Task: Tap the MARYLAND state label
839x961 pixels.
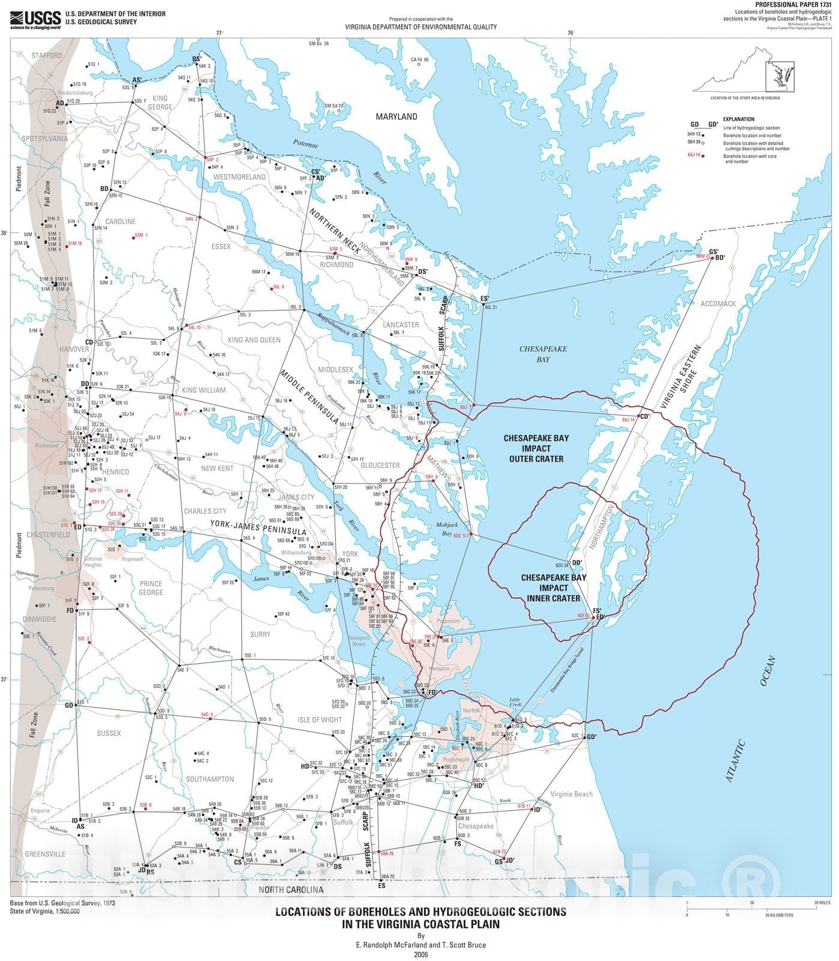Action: click(x=396, y=117)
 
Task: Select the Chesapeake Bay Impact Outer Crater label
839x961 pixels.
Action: click(x=536, y=448)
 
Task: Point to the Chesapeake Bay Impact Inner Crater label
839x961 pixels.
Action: click(x=553, y=587)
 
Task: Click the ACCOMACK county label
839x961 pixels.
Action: click(x=718, y=304)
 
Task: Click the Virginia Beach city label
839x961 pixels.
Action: click(x=571, y=793)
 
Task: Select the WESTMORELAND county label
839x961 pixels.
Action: click(x=240, y=177)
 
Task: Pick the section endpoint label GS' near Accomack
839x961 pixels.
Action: click(x=713, y=252)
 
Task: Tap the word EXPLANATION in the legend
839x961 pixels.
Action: click(x=738, y=119)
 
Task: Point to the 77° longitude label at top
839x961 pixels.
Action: click(x=220, y=33)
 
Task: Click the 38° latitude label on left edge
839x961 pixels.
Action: click(x=4, y=233)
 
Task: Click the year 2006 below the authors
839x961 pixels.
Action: click(x=420, y=954)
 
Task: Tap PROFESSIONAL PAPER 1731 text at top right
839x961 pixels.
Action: click(x=798, y=4)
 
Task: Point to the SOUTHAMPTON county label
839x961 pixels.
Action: click(x=210, y=779)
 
